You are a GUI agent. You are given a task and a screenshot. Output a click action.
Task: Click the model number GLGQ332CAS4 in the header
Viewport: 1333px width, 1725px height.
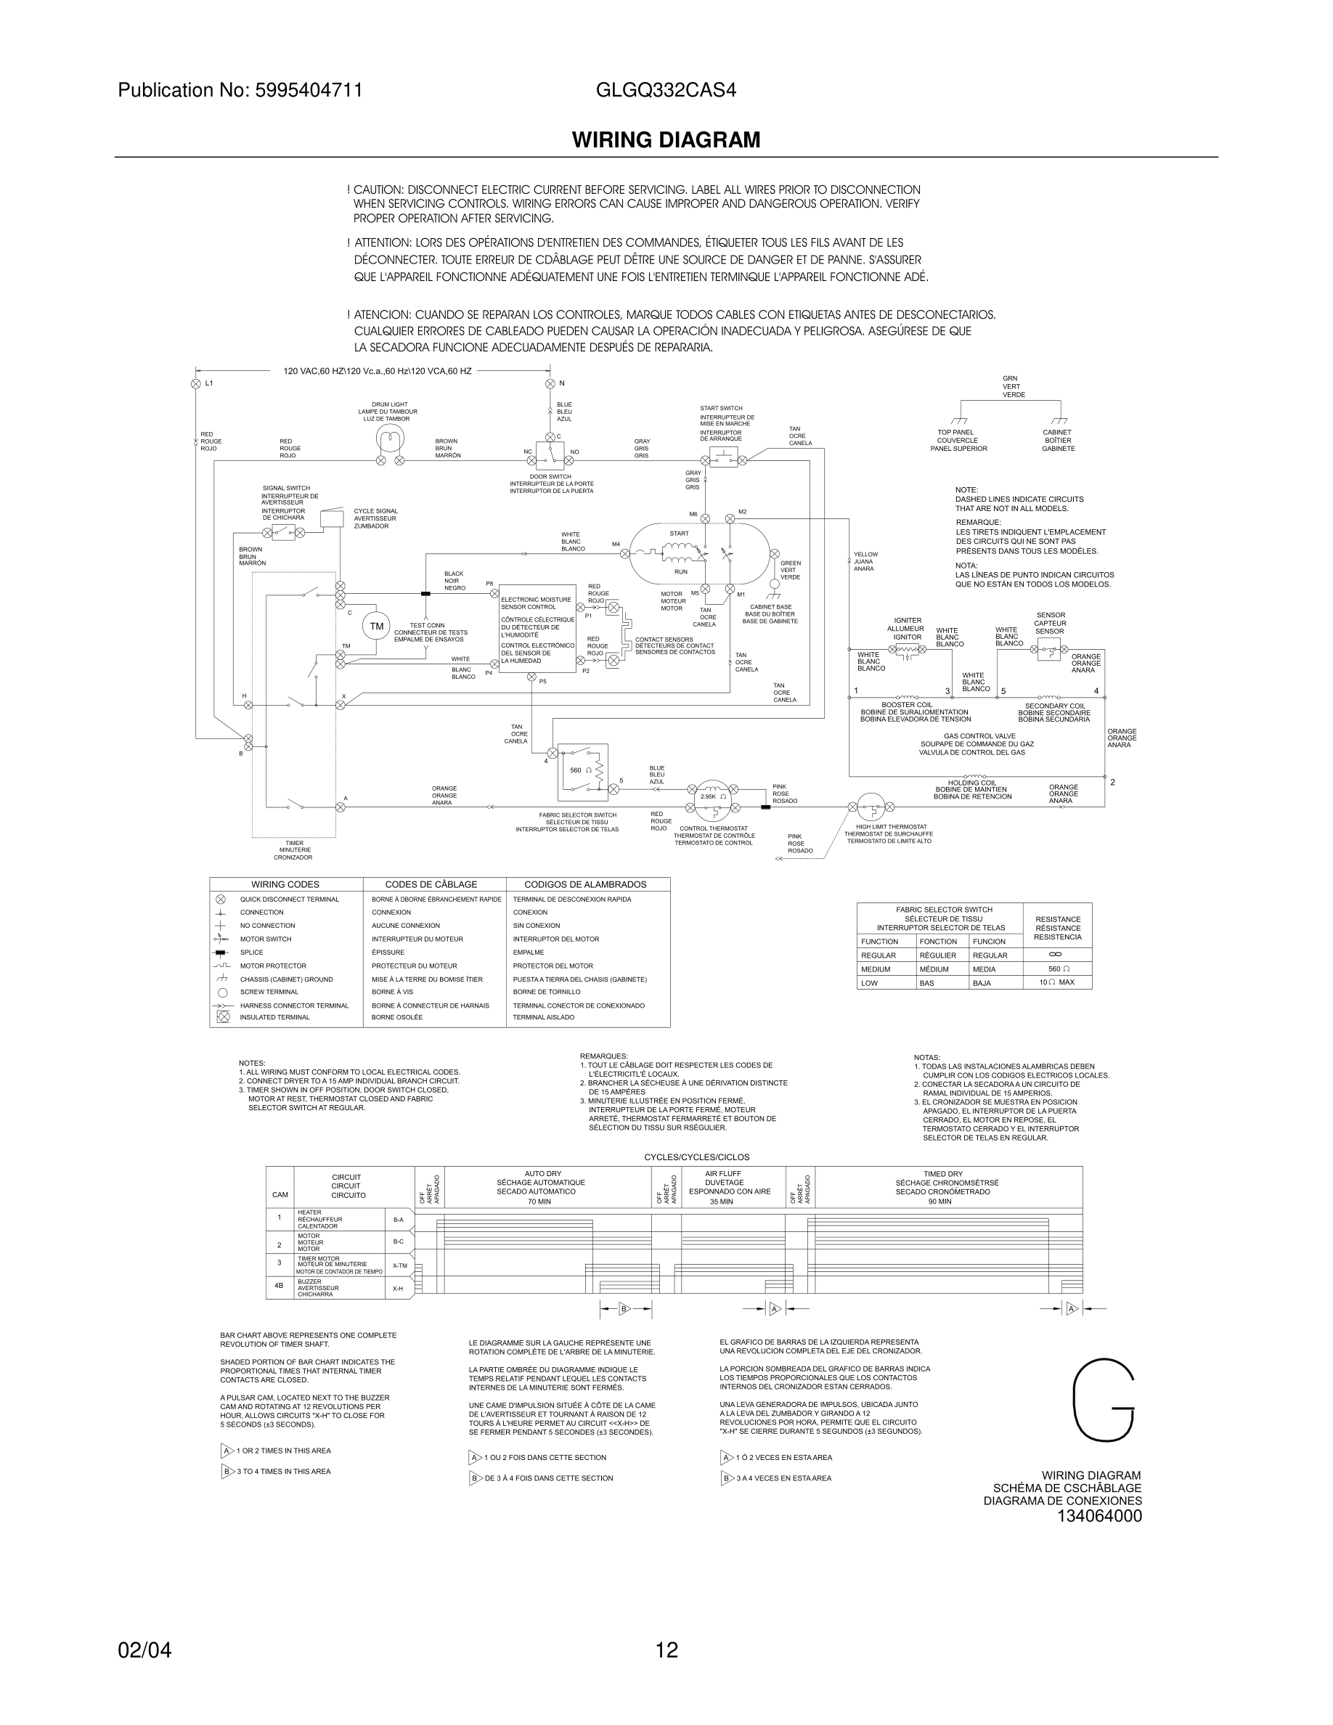click(x=666, y=90)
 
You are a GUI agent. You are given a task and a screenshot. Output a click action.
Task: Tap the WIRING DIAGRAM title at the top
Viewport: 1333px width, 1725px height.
click(x=666, y=140)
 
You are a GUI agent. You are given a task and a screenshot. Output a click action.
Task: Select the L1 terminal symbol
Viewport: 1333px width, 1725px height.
click(x=196, y=384)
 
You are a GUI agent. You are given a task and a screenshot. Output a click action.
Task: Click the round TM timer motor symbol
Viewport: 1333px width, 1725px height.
click(x=376, y=627)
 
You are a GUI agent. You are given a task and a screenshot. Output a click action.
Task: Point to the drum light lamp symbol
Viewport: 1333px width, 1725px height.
click(x=389, y=439)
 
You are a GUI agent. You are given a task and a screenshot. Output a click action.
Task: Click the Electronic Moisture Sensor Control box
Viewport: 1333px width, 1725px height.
click(x=538, y=634)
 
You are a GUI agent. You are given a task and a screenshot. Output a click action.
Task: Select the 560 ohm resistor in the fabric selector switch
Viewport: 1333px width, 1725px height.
click(x=598, y=770)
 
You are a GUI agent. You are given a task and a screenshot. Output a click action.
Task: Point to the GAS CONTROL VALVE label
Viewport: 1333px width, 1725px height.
click(x=977, y=736)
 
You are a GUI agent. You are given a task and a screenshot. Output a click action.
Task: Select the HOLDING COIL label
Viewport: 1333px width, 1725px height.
click(x=972, y=783)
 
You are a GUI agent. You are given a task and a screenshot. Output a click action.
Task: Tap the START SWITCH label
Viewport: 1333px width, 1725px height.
click(x=721, y=408)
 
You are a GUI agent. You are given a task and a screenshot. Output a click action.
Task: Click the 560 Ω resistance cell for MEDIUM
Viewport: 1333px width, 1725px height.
click(x=1057, y=969)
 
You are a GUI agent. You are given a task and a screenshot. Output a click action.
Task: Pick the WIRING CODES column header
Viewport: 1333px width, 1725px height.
click(x=285, y=884)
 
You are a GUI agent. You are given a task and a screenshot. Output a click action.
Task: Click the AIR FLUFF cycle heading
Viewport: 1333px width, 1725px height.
click(x=722, y=1174)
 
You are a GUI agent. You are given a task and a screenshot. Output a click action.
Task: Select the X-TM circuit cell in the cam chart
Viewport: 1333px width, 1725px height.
click(x=399, y=1265)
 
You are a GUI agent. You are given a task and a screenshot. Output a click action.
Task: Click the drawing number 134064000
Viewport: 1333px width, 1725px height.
click(x=1099, y=1516)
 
